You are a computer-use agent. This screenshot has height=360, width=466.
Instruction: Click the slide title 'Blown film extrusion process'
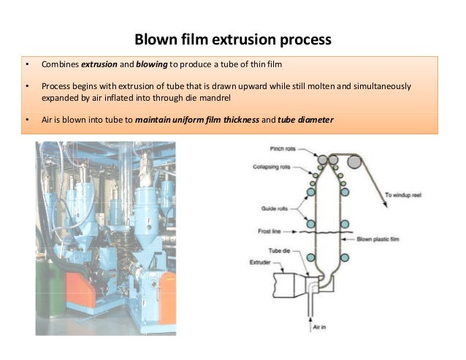[x=233, y=37]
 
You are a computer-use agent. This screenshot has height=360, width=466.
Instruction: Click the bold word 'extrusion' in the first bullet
[x=99, y=65]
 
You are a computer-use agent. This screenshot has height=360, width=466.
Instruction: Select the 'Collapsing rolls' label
[x=275, y=166]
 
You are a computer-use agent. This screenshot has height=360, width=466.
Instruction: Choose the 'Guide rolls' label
[x=274, y=208]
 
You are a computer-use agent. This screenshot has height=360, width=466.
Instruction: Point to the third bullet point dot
[x=26, y=119]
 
